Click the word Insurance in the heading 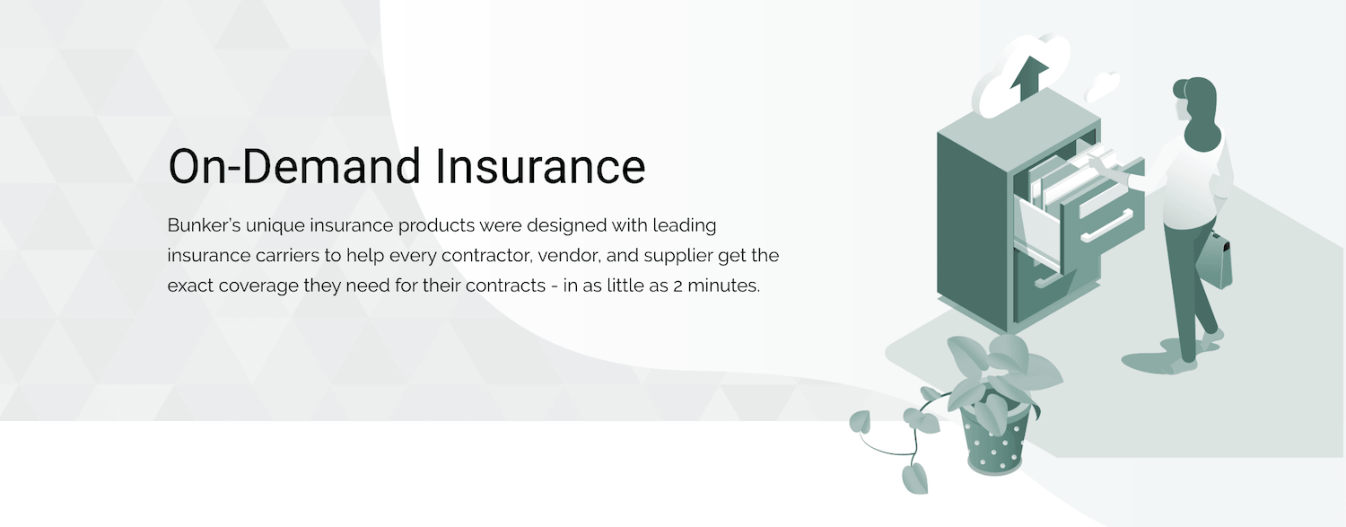540,166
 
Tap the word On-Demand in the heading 294,166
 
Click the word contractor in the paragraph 486,256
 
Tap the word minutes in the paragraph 724,285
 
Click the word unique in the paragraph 275,226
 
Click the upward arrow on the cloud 1028,79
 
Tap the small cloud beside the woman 1101,86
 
